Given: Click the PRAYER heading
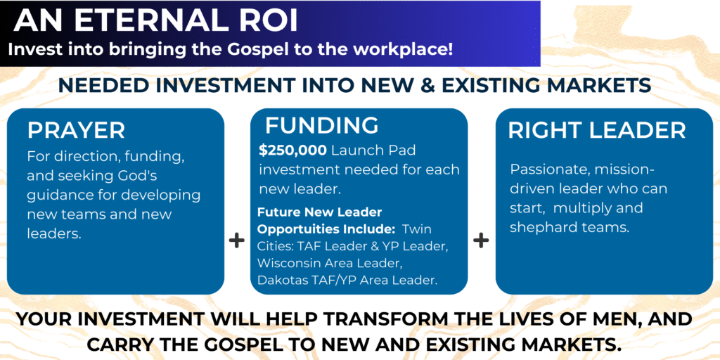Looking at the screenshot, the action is tap(76, 130).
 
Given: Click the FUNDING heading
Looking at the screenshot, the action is tap(322, 125).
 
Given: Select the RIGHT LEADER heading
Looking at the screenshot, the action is tap(597, 130).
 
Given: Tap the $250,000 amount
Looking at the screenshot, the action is tap(292, 150).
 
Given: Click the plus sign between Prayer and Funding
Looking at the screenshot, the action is tap(236, 240).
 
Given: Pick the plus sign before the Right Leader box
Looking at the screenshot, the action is tap(481, 240).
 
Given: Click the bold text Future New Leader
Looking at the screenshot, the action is tap(320, 212).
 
